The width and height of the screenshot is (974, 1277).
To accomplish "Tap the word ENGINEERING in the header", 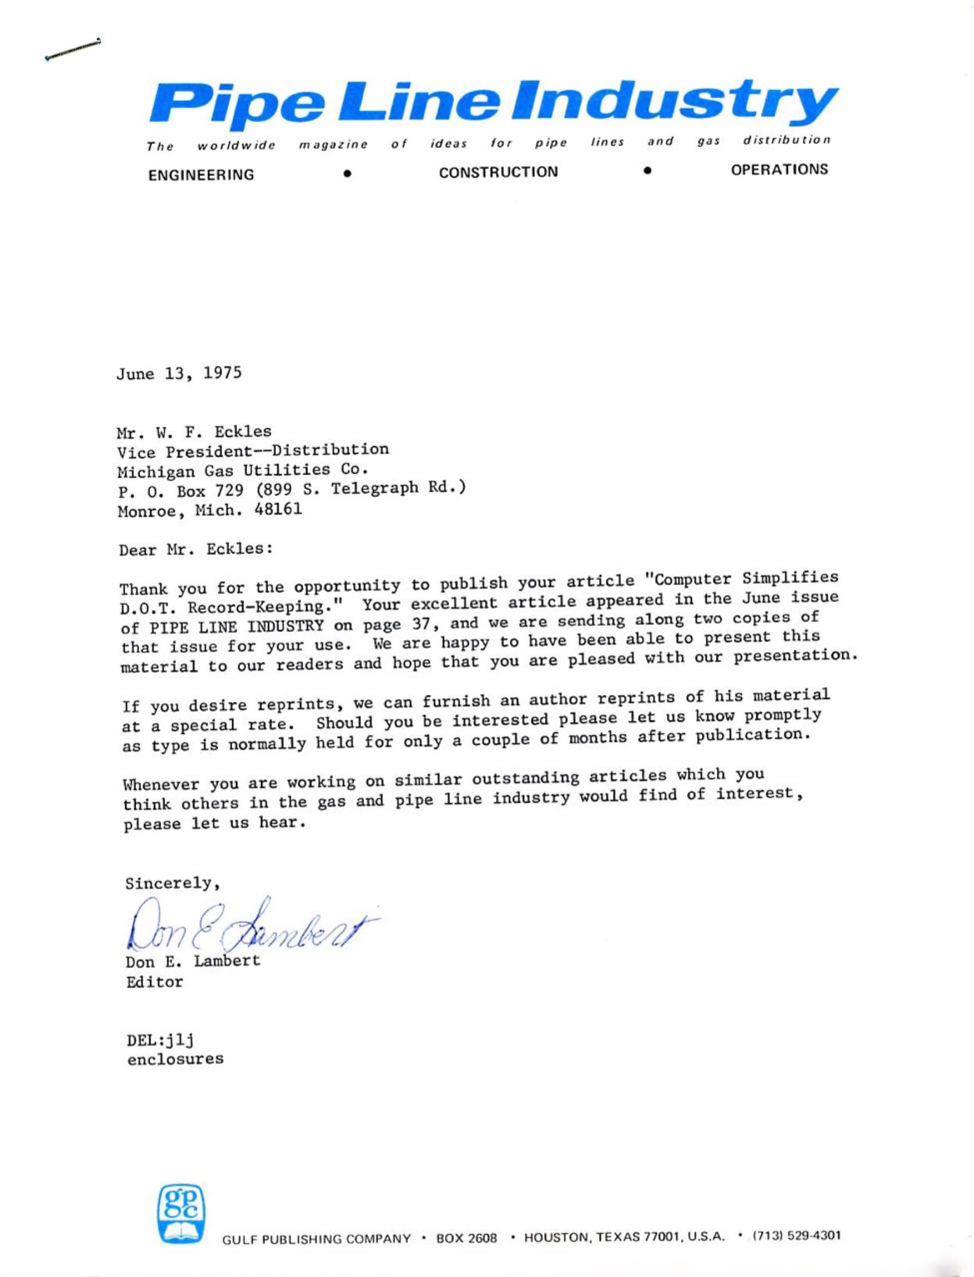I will click(201, 175).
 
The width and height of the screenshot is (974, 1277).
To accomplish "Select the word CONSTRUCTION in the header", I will click(499, 172).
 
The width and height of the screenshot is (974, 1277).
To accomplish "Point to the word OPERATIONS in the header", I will click(780, 170).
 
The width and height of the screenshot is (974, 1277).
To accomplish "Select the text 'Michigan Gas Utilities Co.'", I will click(243, 470).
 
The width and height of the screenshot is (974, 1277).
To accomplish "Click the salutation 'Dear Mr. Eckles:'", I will click(196, 549).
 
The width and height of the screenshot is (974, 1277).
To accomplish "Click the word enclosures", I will click(175, 1059).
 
